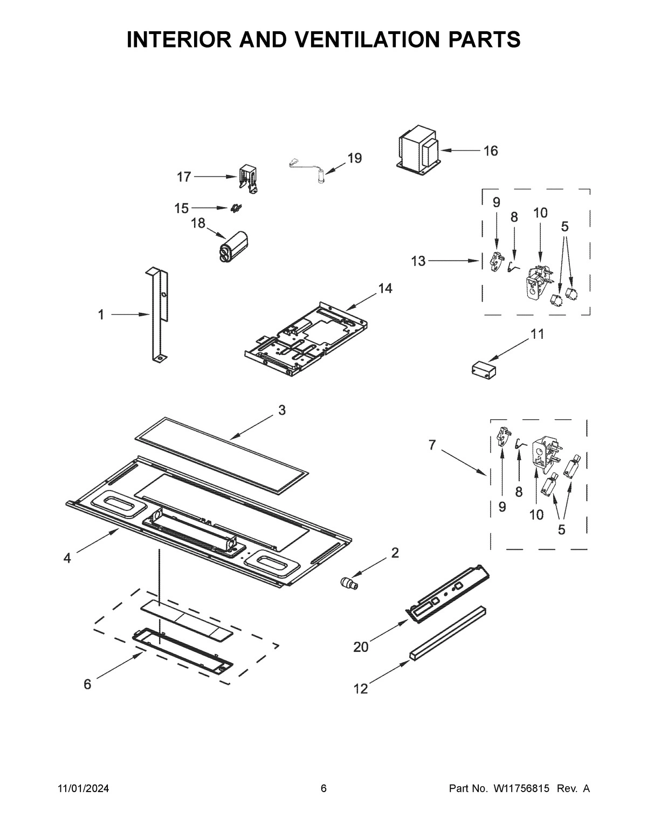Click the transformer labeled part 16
click(418, 151)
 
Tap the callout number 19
click(355, 158)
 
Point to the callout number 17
click(184, 177)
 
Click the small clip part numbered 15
click(236, 208)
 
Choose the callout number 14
click(386, 288)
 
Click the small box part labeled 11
click(484, 368)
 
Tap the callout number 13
click(418, 261)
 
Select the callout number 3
click(282, 410)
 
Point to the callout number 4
click(67, 558)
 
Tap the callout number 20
click(361, 648)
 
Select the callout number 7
click(432, 445)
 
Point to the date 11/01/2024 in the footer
click(83, 789)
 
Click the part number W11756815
click(521, 789)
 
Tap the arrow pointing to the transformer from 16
click(459, 151)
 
